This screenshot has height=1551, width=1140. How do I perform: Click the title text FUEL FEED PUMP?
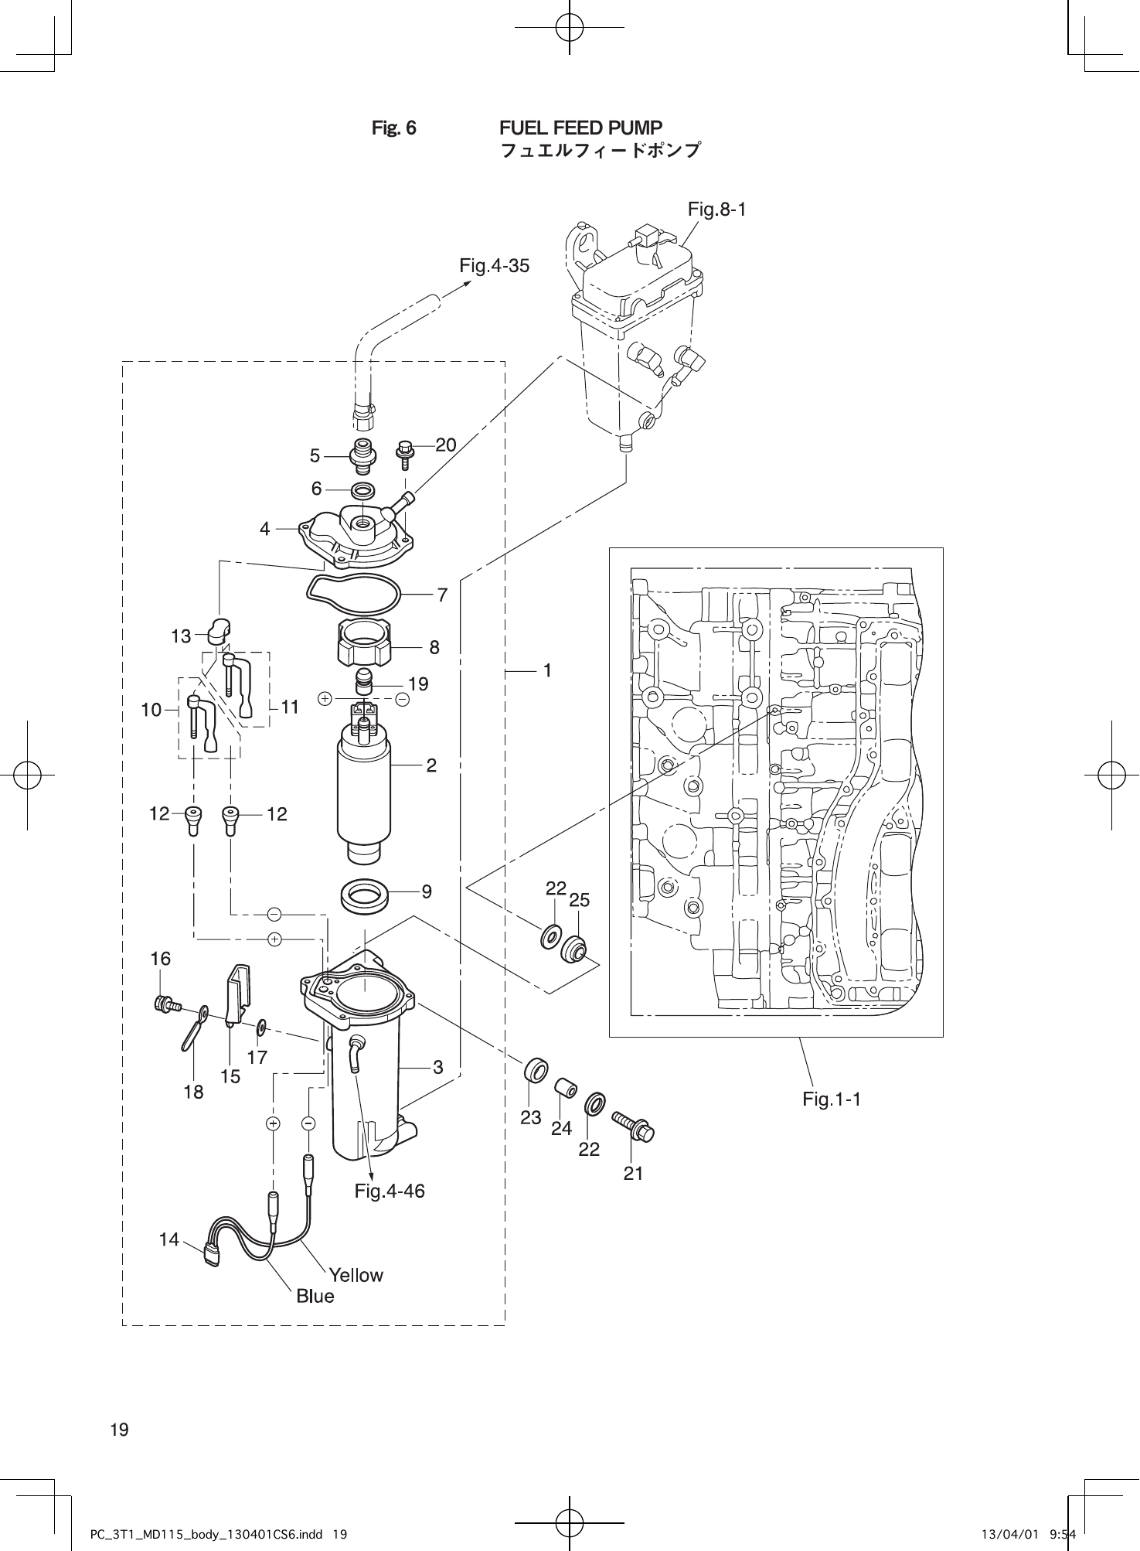580,128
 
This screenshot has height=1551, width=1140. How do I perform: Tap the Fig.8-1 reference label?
716,209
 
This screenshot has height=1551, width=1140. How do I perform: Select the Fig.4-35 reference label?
494,267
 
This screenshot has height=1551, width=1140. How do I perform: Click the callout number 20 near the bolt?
445,445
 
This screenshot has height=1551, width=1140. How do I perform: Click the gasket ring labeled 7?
354,591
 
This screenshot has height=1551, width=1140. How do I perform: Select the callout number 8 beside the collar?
434,647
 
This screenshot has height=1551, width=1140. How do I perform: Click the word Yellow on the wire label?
356,1275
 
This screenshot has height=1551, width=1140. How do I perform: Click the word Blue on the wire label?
315,1297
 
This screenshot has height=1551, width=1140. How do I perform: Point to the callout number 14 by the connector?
168,1239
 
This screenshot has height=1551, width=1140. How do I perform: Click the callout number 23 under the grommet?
530,1117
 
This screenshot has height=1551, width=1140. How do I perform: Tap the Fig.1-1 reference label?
831,1099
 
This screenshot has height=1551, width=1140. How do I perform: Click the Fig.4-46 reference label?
390,1191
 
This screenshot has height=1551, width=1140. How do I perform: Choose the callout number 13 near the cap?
180,636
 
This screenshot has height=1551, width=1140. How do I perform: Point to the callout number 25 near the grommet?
579,901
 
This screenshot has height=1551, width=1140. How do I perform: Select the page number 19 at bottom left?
119,1430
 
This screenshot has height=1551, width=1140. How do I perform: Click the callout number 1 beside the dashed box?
546,671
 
